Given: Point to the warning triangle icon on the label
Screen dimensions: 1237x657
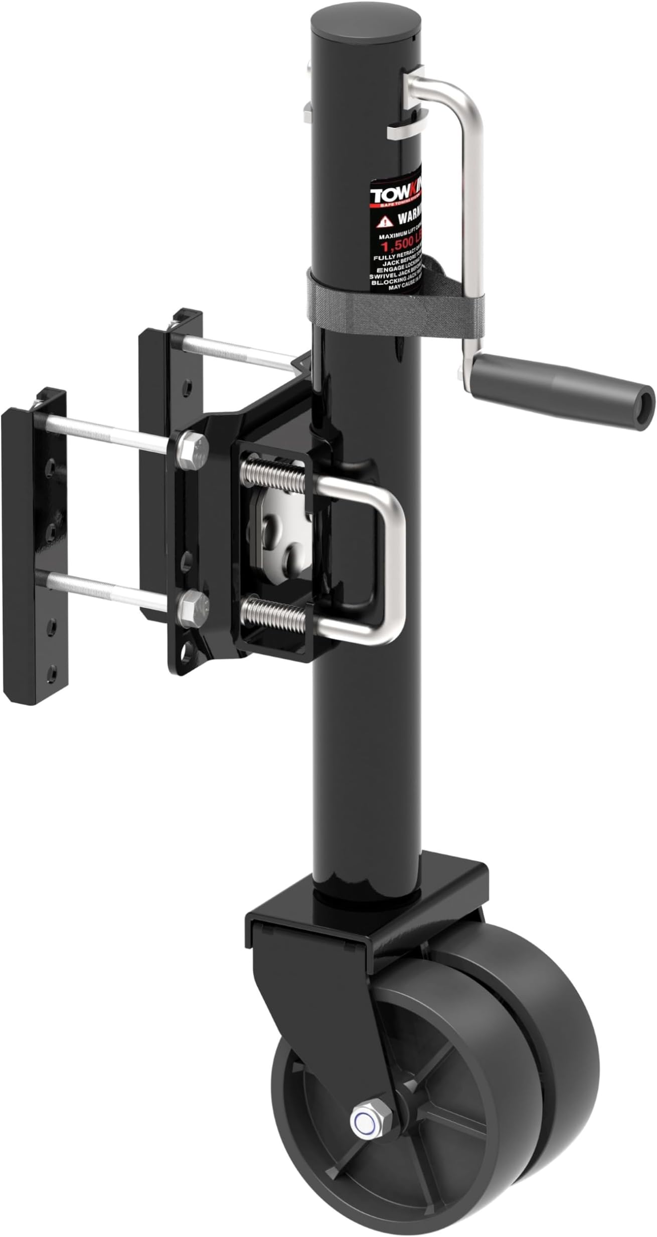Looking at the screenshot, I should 384,220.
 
